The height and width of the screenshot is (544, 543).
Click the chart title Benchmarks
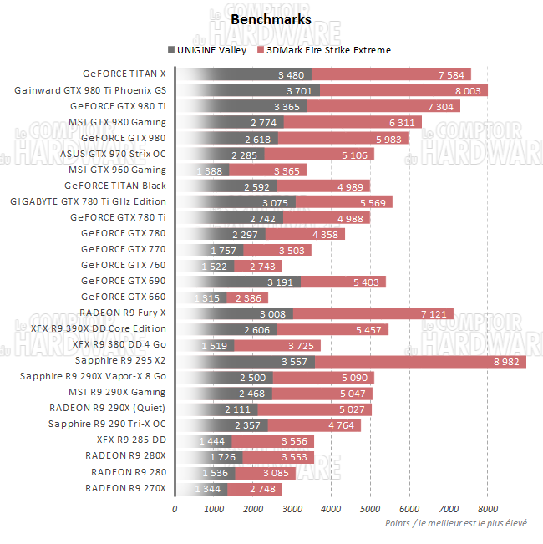[x=271, y=19]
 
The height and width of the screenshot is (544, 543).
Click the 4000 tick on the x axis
[x=331, y=507]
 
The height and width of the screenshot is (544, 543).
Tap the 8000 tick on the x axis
[x=488, y=507]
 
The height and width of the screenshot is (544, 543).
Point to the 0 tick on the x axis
[x=175, y=507]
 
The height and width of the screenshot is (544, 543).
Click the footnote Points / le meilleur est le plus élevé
[x=456, y=523]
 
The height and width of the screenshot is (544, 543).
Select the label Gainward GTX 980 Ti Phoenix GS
[x=90, y=90]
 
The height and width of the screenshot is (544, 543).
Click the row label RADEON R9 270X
[x=125, y=488]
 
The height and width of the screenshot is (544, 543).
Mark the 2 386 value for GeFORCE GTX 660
[x=251, y=297]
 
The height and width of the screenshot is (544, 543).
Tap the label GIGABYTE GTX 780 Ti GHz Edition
[x=88, y=201]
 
